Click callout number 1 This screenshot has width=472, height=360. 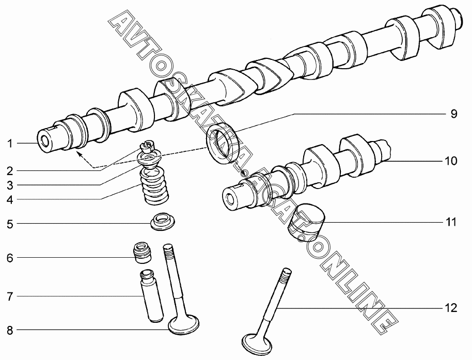click(10, 144)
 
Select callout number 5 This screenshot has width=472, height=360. click(10, 224)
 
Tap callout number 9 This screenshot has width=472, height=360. click(453, 114)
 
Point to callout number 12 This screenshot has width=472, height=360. click(451, 308)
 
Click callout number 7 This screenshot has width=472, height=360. click(10, 296)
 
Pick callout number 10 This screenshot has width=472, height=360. click(451, 161)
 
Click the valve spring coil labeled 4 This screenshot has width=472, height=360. click(154, 186)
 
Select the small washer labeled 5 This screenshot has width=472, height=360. click(163, 222)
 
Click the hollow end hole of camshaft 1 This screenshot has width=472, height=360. click(45, 141)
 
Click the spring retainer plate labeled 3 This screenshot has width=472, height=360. click(150, 159)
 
